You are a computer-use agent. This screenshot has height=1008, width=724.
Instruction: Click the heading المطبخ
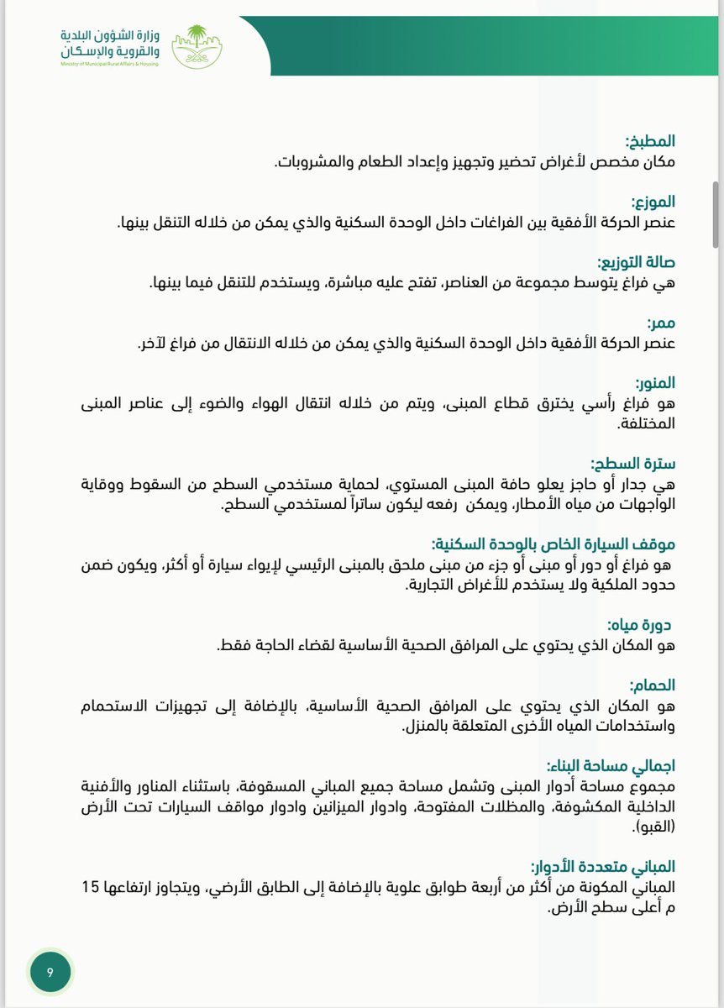pos(650,141)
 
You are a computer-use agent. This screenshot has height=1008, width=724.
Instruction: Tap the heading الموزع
pos(653,202)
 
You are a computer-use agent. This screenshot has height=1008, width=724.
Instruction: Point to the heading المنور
pos(653,383)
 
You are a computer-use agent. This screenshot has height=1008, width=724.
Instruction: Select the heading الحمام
pos(653,684)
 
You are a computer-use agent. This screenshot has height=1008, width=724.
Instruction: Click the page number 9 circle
pos(50,972)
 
